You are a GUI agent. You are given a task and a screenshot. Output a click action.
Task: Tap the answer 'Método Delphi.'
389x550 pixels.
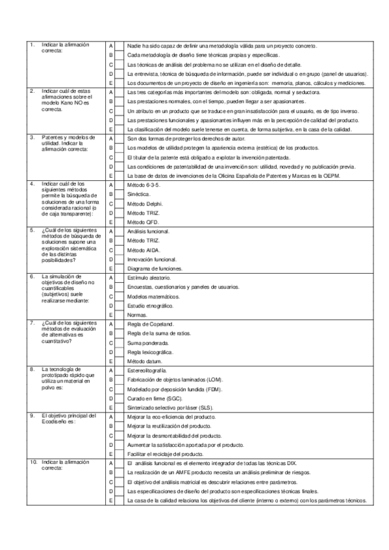144,203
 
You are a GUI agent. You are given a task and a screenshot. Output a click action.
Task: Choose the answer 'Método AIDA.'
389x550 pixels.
142,250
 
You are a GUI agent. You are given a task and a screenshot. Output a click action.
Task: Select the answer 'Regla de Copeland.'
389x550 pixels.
150,324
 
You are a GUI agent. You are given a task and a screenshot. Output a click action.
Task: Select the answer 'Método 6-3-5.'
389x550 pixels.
143,184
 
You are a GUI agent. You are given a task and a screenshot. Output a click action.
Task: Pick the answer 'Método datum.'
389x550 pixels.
144,361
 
